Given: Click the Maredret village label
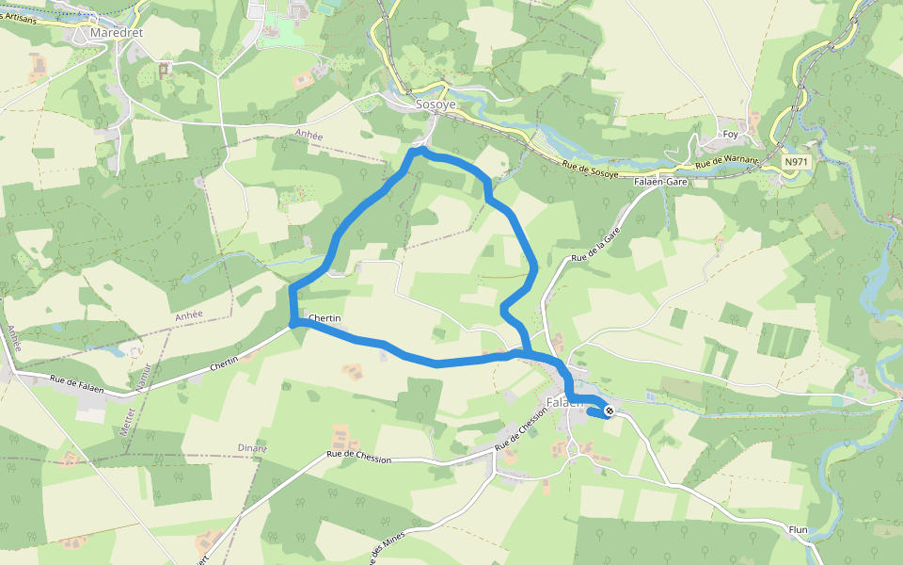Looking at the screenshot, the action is [x=116, y=33].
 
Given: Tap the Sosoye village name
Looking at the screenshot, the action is [x=436, y=105].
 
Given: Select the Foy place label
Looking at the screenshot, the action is [x=729, y=134].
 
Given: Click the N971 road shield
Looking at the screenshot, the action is [x=796, y=162].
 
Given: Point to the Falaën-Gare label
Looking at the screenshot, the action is [x=662, y=182].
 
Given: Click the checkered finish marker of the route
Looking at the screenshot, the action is [x=610, y=412].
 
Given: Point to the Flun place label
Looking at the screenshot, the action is [x=799, y=530].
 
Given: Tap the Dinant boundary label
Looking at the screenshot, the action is [x=252, y=448].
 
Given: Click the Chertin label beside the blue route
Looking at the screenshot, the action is [x=324, y=318].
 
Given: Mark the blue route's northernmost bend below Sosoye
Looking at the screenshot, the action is [x=420, y=150].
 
